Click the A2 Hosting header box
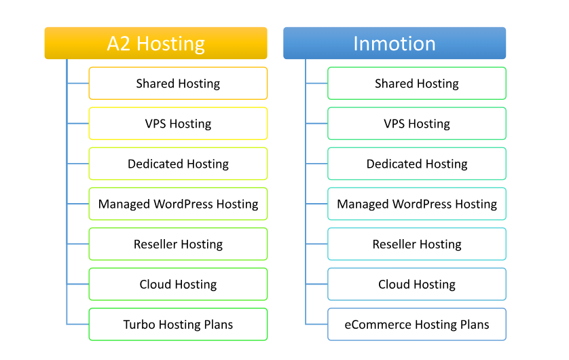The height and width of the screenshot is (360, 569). coord(155,43)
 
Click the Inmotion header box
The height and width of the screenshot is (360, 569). coord(394,43)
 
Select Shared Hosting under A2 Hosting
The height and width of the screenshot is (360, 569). coord(178,83)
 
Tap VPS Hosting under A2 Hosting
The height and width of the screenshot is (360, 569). coord(178,124)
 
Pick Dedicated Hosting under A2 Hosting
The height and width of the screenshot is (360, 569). coord(178,164)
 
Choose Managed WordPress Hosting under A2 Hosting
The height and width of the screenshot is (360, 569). coord(178,204)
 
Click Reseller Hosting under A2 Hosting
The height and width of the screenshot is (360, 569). coord(178,244)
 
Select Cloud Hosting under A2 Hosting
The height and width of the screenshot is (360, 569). coord(178,284)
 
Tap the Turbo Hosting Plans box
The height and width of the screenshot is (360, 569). coord(178,324)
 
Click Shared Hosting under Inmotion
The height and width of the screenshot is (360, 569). coord(417,83)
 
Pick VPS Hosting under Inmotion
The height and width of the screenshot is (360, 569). coord(417,124)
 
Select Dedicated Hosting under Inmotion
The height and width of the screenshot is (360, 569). coord(417,164)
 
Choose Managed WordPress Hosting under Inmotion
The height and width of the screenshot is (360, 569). coord(417,204)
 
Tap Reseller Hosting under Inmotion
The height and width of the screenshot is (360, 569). coord(417,244)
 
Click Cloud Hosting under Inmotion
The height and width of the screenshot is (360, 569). coord(417,284)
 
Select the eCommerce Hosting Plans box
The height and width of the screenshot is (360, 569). coord(417,324)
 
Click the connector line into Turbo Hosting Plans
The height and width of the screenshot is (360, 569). coord(77,324)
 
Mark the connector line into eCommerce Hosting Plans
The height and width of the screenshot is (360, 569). coord(316,324)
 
